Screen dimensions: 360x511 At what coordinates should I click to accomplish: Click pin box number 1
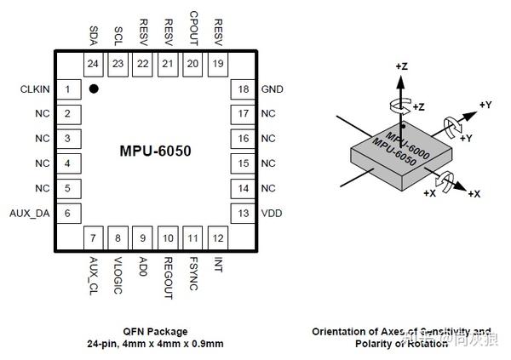(68, 89)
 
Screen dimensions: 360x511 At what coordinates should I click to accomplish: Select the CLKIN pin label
(35, 89)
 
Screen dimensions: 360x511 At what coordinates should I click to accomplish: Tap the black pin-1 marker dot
(93, 88)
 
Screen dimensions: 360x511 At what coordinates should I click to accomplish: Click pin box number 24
(93, 63)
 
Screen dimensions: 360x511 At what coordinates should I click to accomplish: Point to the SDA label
(93, 35)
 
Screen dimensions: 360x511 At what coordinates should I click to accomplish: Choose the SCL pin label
(118, 36)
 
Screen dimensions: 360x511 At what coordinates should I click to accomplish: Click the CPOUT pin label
(192, 27)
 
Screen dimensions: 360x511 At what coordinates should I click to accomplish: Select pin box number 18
(243, 89)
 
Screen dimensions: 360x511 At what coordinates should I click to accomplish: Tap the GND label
(273, 89)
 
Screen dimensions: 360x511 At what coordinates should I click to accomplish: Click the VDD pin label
(272, 213)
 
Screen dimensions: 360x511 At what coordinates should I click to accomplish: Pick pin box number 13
(243, 213)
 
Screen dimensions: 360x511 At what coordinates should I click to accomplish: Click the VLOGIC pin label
(118, 275)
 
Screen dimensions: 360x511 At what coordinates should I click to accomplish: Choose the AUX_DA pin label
(30, 213)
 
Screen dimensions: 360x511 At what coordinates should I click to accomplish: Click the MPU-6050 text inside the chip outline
(155, 151)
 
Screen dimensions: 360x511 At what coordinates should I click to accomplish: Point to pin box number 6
(68, 213)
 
